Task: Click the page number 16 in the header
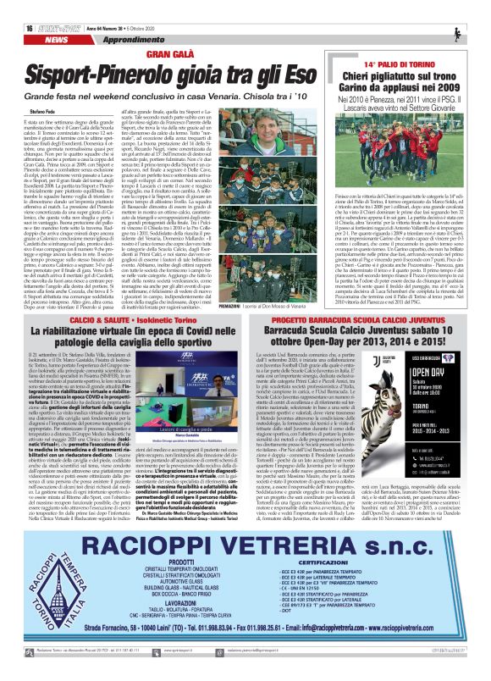[x=18, y=6]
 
